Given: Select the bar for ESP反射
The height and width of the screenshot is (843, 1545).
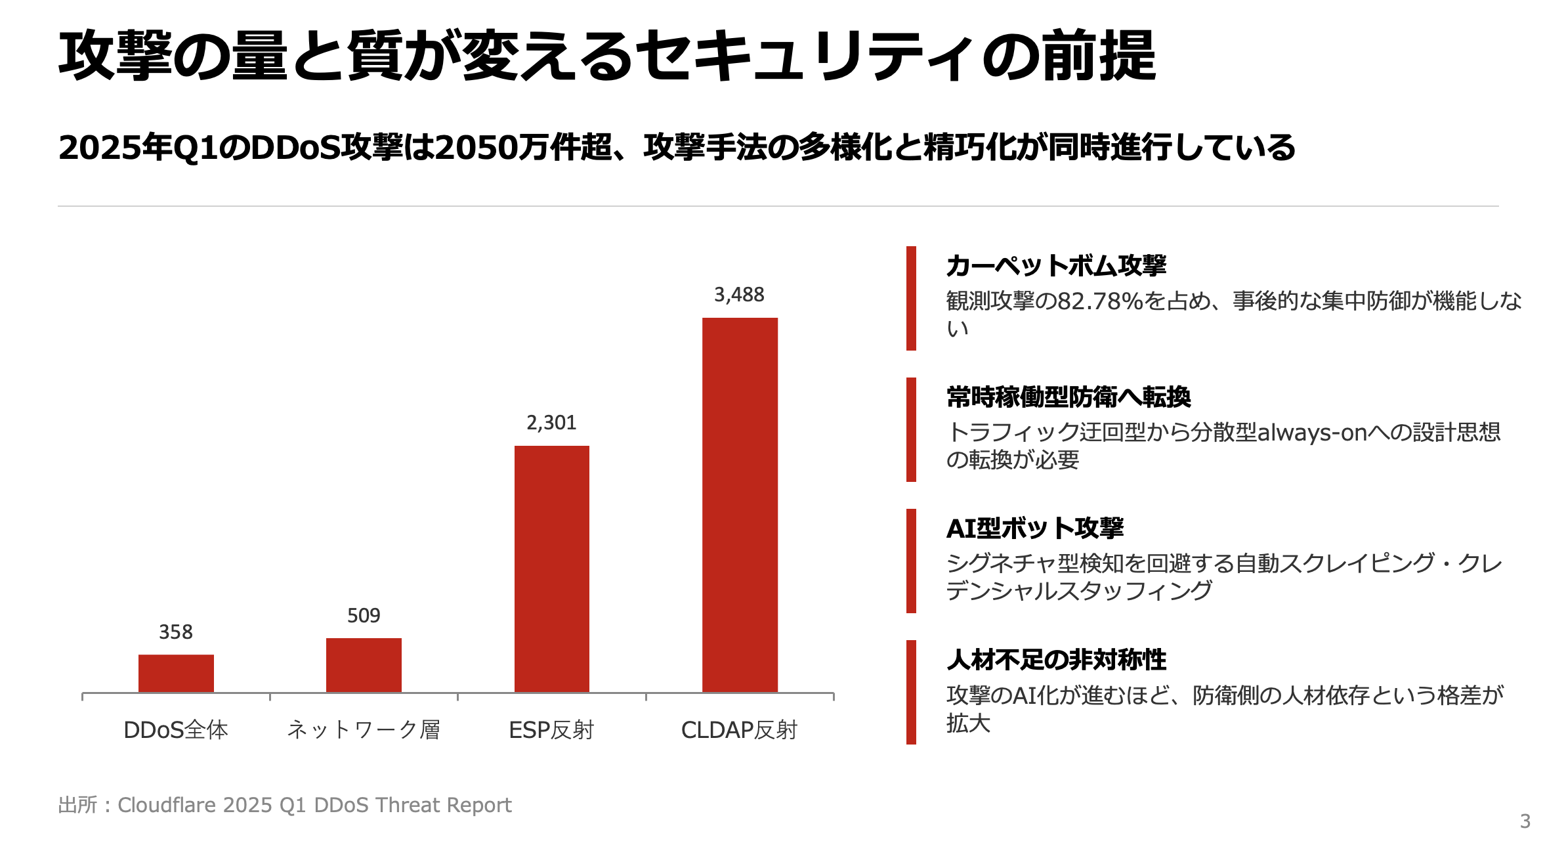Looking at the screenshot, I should click(x=551, y=569).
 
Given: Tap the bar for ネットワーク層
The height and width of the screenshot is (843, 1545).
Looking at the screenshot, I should click(x=364, y=664).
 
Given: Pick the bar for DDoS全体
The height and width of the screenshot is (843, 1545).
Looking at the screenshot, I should click(x=176, y=673).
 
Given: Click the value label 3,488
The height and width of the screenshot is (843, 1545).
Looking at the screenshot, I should click(x=739, y=295).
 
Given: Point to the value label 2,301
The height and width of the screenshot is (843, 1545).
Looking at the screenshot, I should click(x=551, y=423).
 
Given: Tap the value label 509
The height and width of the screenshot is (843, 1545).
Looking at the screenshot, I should click(x=364, y=616).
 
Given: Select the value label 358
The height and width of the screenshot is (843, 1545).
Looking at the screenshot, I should click(x=176, y=632).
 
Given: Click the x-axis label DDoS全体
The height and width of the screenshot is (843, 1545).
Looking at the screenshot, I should click(x=176, y=730).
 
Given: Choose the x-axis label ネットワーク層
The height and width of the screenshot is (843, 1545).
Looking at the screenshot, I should click(x=364, y=730).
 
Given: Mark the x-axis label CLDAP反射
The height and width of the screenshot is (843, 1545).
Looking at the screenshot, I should click(x=739, y=730).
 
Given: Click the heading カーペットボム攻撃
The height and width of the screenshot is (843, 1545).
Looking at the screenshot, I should click(x=1056, y=266).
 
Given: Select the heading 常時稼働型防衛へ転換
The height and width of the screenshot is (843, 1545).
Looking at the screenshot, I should click(x=1069, y=397).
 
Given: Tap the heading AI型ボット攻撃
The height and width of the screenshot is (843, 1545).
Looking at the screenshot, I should click(x=1035, y=529).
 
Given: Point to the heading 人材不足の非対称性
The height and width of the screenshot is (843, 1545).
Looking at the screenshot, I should click(x=1056, y=660).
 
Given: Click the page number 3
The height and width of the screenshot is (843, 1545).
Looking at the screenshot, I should click(x=1525, y=821).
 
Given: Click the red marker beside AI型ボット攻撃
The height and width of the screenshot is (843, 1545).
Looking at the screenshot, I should click(x=911, y=561).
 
